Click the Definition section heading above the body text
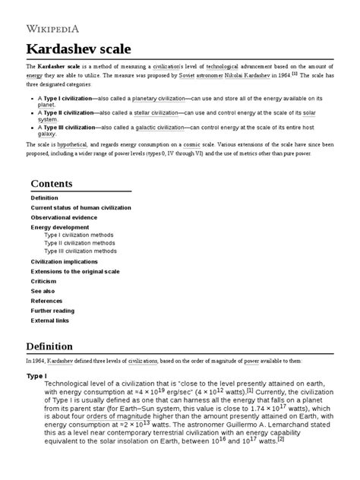pyautogui.click(x=50, y=346)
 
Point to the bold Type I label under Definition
pyautogui.click(x=36, y=376)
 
